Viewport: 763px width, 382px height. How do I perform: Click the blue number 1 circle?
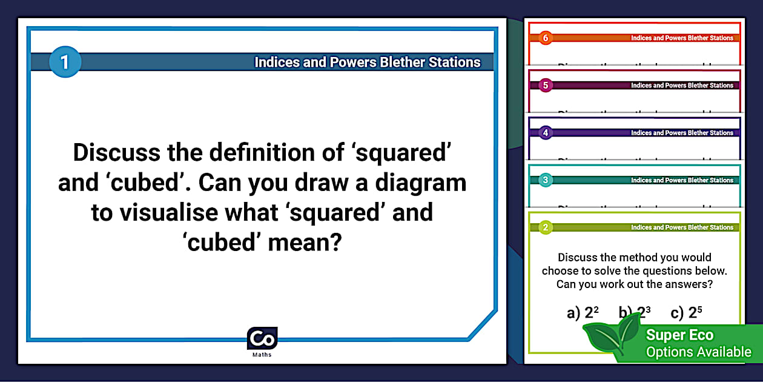(64, 62)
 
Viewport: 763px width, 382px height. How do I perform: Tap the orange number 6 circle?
(546, 38)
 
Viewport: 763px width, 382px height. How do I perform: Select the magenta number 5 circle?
(546, 85)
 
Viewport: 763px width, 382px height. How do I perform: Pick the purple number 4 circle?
(546, 133)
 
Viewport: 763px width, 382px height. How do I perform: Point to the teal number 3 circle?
(546, 180)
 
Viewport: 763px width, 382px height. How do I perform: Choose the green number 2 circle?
(546, 227)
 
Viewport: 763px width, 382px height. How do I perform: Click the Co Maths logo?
(262, 340)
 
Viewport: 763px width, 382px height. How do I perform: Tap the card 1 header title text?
(367, 62)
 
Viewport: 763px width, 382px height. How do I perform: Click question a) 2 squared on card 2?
(583, 313)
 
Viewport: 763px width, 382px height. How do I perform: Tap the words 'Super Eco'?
(679, 335)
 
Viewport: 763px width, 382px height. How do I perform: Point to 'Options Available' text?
(698, 352)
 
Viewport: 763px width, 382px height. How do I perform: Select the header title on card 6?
(682, 38)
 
